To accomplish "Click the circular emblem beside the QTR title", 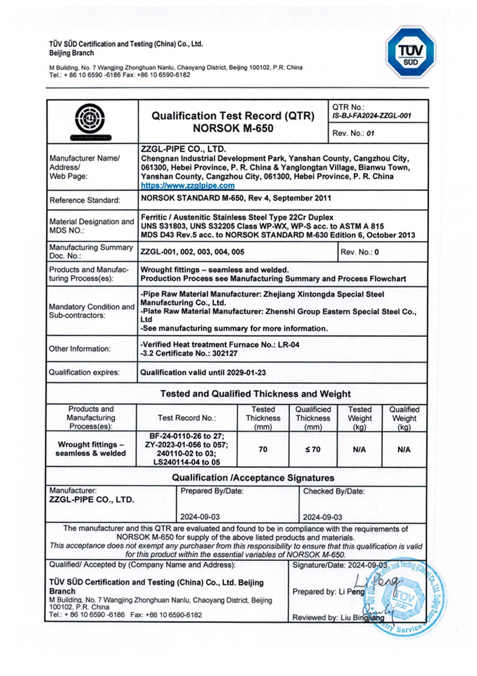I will (x=92, y=120).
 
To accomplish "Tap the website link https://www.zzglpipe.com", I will (x=187, y=185).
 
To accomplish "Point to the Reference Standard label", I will (x=85, y=200).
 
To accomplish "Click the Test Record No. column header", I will (x=186, y=418).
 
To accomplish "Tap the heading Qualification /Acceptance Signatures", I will (x=244, y=478).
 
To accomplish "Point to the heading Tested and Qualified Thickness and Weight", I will (x=255, y=394).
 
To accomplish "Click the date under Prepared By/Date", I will (x=204, y=516).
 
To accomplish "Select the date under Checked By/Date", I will (x=322, y=516).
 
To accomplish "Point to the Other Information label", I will (x=80, y=348).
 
